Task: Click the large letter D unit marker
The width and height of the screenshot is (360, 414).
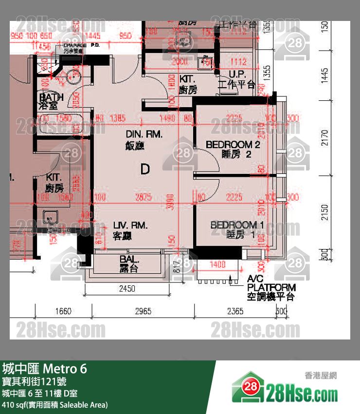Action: tap(144, 169)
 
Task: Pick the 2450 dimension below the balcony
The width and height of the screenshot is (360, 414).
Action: tap(127, 289)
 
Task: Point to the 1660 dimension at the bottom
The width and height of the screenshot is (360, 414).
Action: tap(63, 311)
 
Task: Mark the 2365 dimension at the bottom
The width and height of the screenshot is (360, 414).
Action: tap(235, 311)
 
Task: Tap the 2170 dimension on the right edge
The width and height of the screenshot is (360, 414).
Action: tap(325, 138)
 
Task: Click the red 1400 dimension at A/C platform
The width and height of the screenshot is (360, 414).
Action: tap(217, 264)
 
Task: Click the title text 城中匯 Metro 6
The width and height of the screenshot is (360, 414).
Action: tap(45, 369)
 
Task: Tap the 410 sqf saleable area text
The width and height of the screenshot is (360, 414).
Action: tap(55, 405)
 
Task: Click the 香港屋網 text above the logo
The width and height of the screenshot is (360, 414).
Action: tap(321, 375)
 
